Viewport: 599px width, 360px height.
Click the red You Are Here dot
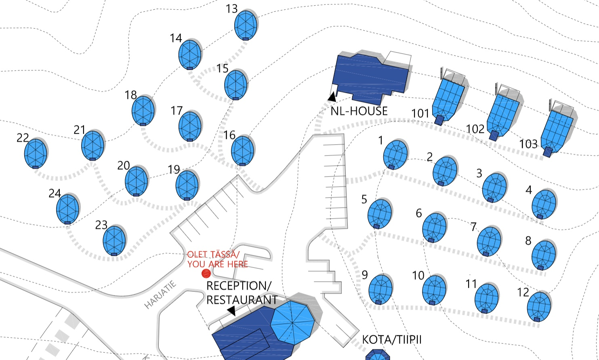[206, 274]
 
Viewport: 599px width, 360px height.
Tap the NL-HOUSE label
[359, 111]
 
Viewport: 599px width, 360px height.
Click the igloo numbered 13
[246, 25]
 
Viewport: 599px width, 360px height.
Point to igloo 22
[36, 154]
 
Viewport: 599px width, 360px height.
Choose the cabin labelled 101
[448, 99]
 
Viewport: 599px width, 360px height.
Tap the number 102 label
[475, 129]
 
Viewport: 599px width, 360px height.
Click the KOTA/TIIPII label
[391, 340]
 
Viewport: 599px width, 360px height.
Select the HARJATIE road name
[161, 295]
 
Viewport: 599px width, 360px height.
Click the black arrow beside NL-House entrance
[332, 97]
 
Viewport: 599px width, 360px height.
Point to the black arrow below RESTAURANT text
[231, 311]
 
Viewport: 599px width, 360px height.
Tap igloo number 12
[539, 306]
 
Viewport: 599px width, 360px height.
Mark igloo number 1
[395, 154]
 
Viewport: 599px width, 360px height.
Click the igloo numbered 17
[190, 126]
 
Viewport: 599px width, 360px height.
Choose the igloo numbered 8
[544, 255]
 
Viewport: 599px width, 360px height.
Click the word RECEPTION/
[239, 286]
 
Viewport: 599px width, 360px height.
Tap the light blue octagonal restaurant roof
[292, 322]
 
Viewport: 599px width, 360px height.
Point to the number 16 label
[229, 135]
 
